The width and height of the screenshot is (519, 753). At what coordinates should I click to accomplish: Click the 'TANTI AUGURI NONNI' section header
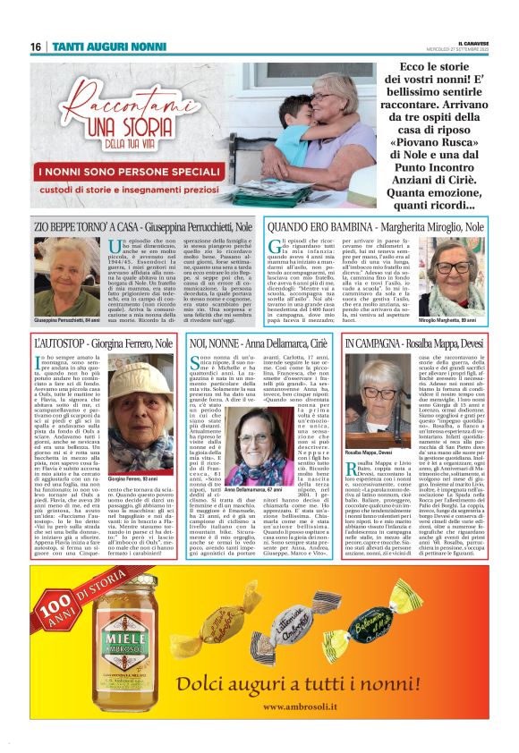pyautogui.click(x=98, y=46)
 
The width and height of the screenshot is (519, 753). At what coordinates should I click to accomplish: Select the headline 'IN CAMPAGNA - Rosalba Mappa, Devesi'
pyautogui.click(x=430, y=343)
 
